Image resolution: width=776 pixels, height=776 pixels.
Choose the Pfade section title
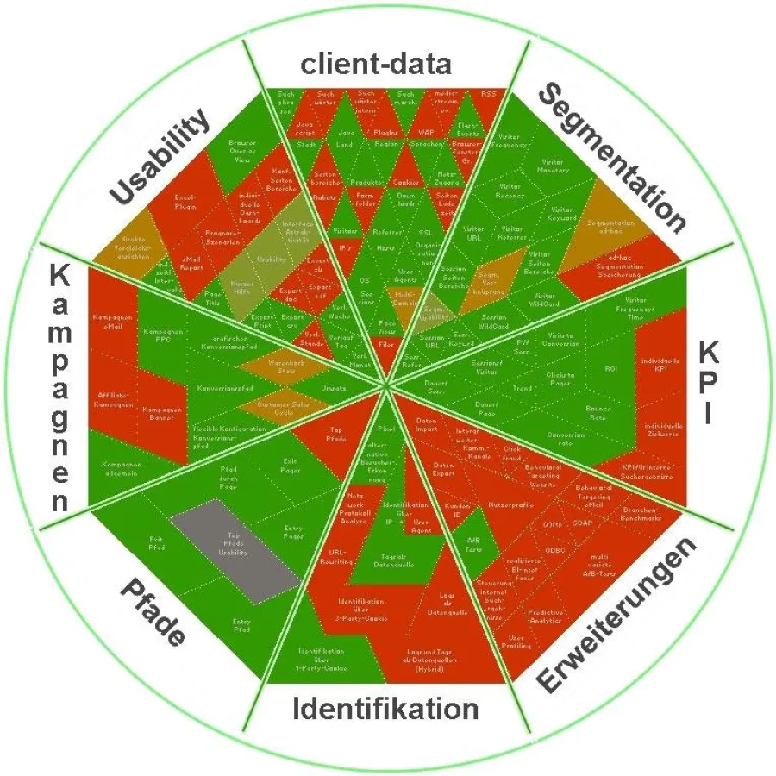point(152,612)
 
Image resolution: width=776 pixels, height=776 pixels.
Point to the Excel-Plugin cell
point(185,202)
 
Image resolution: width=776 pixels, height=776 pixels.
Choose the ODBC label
point(555,549)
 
